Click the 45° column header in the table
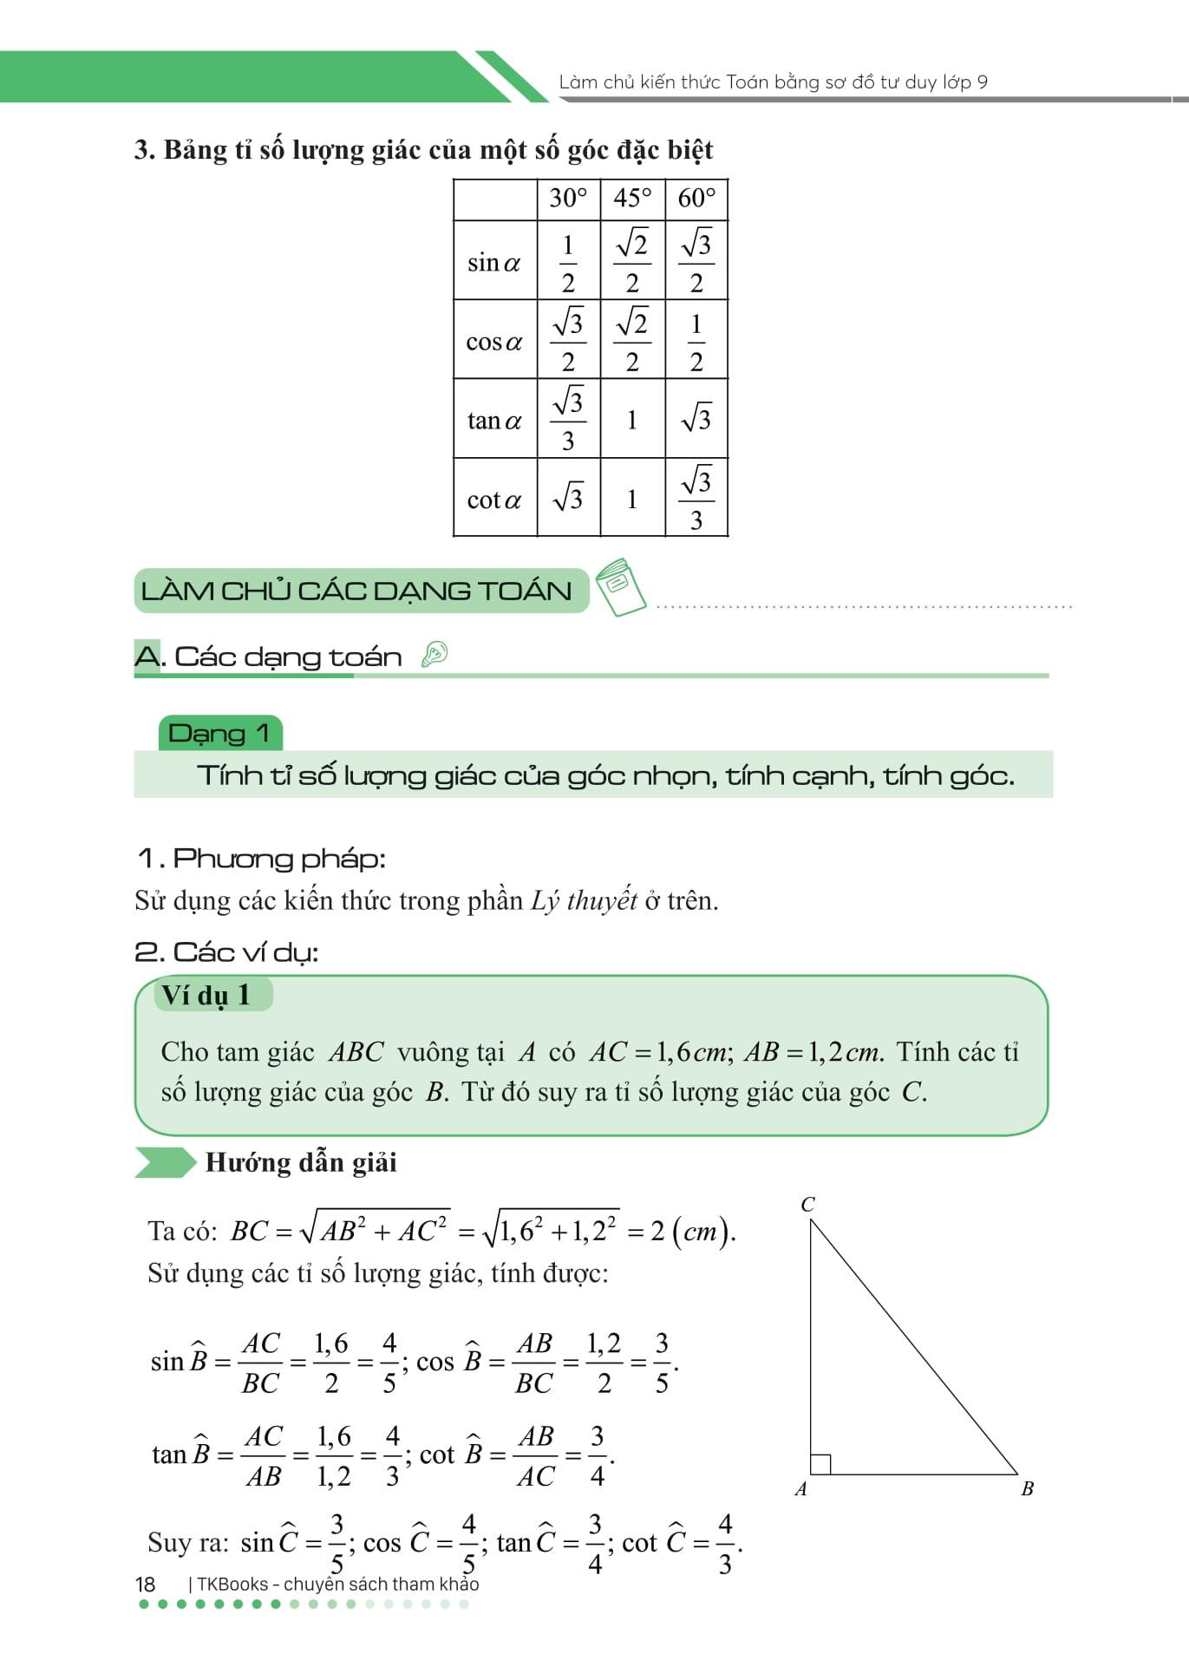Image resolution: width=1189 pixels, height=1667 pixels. click(632, 199)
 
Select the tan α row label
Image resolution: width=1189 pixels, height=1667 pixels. click(494, 421)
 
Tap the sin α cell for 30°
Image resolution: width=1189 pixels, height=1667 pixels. click(568, 262)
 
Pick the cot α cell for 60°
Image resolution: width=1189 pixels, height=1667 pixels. click(696, 499)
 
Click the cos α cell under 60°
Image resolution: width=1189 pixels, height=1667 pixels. click(696, 341)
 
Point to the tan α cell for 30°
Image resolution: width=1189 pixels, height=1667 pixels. click(568, 421)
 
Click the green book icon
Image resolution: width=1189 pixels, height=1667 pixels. click(622, 586)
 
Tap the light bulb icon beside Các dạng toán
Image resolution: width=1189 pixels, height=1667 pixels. click(434, 654)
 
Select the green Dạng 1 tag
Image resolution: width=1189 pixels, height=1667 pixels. click(220, 734)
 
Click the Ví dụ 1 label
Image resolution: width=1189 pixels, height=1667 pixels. click(206, 995)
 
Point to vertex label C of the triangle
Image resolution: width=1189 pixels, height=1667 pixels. click(807, 1205)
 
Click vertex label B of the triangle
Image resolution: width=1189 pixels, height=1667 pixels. click(1028, 1489)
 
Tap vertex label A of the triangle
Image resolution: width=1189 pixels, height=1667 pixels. click(800, 1489)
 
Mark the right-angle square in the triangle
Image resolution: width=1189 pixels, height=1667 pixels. click(820, 1464)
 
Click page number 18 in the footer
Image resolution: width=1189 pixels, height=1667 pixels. click(145, 1584)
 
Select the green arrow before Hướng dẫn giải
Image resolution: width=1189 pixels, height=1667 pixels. click(165, 1162)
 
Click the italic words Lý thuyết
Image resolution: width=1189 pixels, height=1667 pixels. click(584, 901)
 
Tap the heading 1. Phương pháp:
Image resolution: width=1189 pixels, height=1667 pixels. click(261, 859)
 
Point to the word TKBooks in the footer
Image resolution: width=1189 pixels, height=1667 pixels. click(232, 1584)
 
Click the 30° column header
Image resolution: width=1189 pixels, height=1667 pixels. click(568, 199)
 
